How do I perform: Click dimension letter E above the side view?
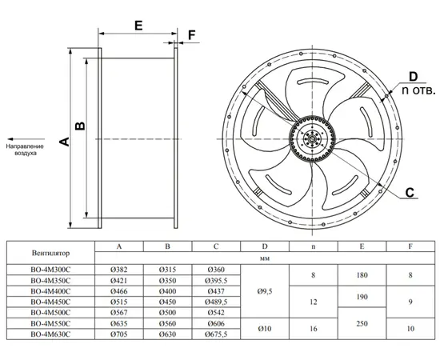click(x=138, y=26)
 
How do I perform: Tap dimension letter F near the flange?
click(x=192, y=35)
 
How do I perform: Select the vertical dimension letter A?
click(x=65, y=142)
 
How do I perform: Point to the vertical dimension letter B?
click(x=81, y=126)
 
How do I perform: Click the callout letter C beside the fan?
click(x=410, y=193)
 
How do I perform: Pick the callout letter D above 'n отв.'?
click(x=414, y=77)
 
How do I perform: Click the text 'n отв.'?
click(x=418, y=90)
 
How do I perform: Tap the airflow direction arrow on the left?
click(x=26, y=139)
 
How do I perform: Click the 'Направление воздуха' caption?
click(x=26, y=150)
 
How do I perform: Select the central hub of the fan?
click(x=312, y=138)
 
